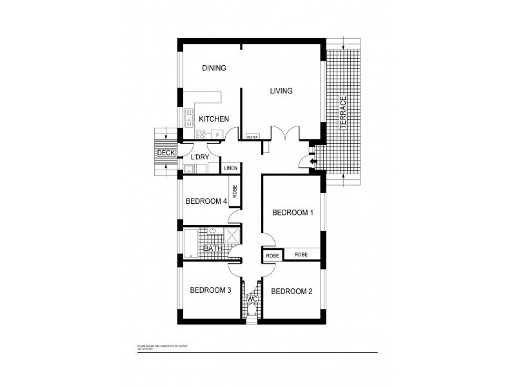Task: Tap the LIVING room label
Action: [281, 91]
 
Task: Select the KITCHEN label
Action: [214, 119]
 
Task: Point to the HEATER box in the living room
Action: [252, 137]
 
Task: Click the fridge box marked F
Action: [217, 135]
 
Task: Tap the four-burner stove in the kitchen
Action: [200, 135]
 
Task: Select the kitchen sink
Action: [190, 117]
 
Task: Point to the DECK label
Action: [166, 153]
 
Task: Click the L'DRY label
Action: [198, 157]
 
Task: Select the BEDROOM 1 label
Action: [293, 212]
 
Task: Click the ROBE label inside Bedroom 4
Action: [235, 192]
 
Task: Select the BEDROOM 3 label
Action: [210, 290]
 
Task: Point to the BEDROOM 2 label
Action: [292, 292]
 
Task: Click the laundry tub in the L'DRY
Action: [188, 170]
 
